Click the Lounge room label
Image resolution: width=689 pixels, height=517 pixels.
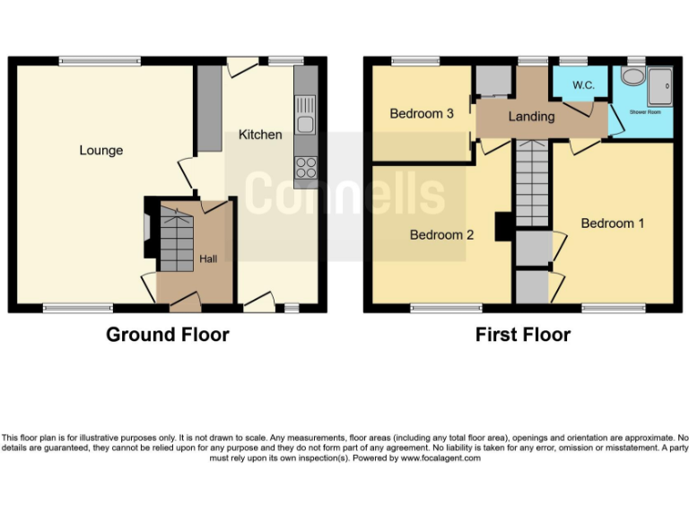[100, 150]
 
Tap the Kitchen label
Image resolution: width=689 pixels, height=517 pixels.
[260, 135]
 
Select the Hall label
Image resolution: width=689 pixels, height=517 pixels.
[208, 258]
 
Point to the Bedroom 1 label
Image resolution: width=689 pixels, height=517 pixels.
[613, 223]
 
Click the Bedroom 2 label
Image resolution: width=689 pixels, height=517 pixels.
[441, 235]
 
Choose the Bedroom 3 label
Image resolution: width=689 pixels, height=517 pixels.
[422, 114]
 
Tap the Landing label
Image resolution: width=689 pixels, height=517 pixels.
[531, 117]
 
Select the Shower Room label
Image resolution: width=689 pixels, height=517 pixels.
[645, 112]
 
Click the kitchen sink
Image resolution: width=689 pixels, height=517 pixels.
[306, 124]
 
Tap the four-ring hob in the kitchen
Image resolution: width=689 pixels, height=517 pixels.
[306, 167]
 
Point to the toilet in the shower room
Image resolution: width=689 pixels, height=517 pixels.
[634, 75]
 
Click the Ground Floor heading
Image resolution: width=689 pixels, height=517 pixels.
[168, 335]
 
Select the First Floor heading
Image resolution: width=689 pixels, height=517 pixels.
[523, 335]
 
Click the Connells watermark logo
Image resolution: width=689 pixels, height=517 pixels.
[345, 194]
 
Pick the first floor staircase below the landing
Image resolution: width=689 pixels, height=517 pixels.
[532, 185]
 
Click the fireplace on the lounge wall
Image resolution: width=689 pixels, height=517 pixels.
[148, 228]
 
